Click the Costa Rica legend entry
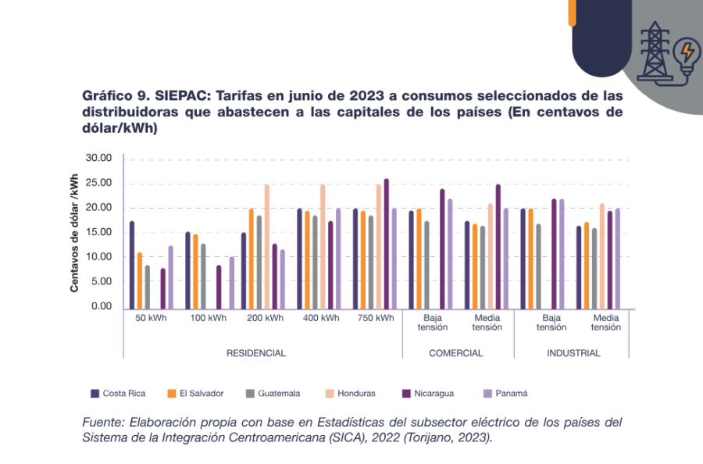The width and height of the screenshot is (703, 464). [118, 394]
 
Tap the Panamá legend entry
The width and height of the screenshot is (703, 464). [510, 394]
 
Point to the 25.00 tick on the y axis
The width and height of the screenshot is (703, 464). [99, 183]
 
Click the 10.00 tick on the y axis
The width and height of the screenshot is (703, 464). [99, 257]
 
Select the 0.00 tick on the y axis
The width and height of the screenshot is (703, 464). [102, 306]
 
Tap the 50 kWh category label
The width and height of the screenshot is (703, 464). [151, 319]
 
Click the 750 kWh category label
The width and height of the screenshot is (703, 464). [376, 319]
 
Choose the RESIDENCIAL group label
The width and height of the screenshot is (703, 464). [256, 353]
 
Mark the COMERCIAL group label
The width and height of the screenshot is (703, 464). [456, 353]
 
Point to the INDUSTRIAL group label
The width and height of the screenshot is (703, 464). [573, 353]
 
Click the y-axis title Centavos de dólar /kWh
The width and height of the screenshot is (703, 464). [75, 232]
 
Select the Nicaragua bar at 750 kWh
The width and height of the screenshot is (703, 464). [386, 243]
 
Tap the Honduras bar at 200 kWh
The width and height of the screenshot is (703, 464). [266, 246]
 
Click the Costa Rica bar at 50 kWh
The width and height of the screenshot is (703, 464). [132, 264]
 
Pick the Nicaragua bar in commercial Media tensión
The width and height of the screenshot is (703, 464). [498, 246]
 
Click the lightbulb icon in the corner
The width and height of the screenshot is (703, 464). [687, 55]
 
